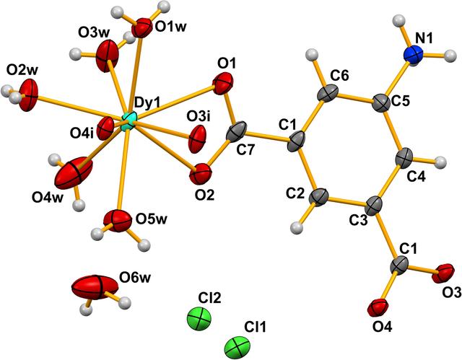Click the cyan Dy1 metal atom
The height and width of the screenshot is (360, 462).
pos(128,121)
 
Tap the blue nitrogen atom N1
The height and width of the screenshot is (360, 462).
pos(414,54)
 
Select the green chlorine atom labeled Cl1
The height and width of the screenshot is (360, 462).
pos(237,347)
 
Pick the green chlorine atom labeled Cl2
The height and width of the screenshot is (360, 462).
pos(199,319)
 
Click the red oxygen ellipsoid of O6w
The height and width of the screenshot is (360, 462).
pos(95,287)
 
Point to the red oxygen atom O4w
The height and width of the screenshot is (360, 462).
pos(74,173)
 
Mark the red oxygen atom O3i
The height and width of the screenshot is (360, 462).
pos(197,139)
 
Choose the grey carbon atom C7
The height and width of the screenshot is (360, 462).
pos(236,133)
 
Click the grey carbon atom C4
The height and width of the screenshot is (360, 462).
pos(404,158)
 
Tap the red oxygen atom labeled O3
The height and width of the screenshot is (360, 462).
pos(443,273)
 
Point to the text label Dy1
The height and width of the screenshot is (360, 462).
pos(147,103)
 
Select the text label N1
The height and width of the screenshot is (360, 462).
pos(423,38)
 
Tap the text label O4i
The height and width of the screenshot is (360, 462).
pos(82,134)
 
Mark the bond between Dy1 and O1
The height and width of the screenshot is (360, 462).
pos(175,103)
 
